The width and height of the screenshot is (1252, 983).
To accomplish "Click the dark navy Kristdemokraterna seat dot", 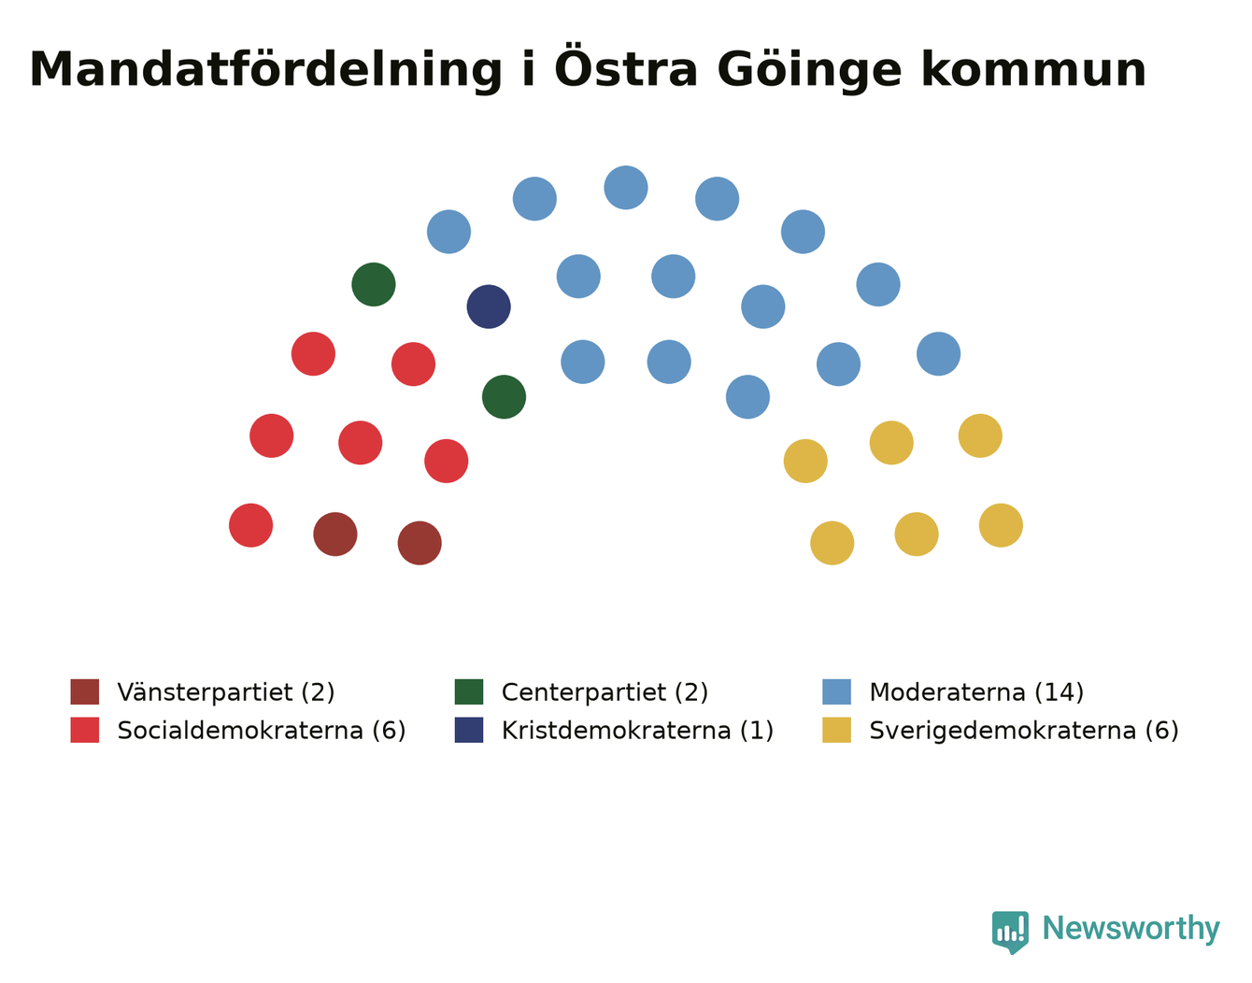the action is [x=489, y=306].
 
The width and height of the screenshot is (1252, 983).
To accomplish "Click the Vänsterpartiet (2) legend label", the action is [x=226, y=692].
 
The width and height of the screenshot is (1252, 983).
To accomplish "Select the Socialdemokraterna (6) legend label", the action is [x=262, y=730].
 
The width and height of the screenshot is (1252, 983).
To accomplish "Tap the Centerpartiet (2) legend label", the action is [x=605, y=692].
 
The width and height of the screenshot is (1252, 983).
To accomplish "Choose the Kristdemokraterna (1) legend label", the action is [x=637, y=730].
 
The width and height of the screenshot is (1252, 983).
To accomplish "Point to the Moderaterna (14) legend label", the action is [x=976, y=692].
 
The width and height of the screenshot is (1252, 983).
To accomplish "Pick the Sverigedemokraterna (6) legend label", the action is [x=1024, y=730].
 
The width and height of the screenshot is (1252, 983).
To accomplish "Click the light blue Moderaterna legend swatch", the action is [x=836, y=691].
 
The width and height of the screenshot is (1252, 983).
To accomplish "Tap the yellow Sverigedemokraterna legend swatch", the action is [x=836, y=730].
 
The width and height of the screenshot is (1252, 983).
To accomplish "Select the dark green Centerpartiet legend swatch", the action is [x=469, y=691].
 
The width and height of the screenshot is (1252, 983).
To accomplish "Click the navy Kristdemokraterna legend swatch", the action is [x=469, y=730].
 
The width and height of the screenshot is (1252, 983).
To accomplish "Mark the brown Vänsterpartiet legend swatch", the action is [x=85, y=691].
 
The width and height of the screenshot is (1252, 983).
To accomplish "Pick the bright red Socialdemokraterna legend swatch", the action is [x=85, y=730].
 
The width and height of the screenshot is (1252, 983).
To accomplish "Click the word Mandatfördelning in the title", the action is [x=265, y=70].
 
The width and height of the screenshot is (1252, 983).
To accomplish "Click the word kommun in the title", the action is [x=1033, y=70].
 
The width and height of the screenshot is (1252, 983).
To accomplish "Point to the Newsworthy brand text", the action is [x=1131, y=928].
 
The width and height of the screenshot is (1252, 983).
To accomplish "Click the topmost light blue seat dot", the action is [x=626, y=188].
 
